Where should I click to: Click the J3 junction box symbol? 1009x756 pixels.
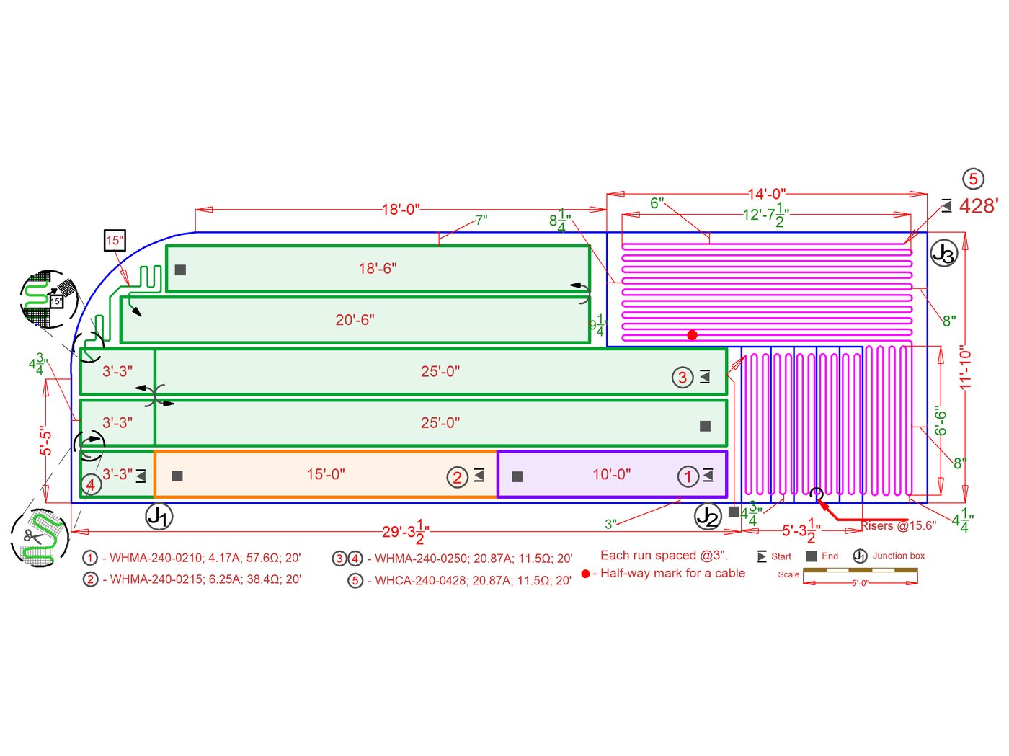[943, 253]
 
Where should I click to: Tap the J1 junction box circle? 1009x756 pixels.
[159, 516]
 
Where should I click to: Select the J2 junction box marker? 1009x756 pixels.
[708, 516]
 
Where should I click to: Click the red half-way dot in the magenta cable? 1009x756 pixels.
[692, 335]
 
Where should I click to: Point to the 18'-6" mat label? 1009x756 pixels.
[378, 268]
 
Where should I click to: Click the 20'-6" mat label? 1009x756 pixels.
[355, 319]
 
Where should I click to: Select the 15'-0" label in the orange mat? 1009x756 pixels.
[326, 474]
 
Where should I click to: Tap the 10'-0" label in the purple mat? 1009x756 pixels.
[611, 474]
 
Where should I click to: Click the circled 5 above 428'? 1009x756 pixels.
[973, 179]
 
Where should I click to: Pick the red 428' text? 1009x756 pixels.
[978, 206]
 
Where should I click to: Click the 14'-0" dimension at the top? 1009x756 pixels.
[766, 194]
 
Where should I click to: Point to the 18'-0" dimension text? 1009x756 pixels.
[401, 210]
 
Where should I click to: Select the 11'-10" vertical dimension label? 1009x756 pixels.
[966, 368]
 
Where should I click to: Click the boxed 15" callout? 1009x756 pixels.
[115, 241]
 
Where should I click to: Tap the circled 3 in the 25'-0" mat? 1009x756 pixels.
[683, 377]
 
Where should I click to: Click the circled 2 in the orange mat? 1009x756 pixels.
[457, 477]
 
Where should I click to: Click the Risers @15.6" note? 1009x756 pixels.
[898, 525]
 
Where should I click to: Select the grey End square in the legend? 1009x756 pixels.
[811, 556]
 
